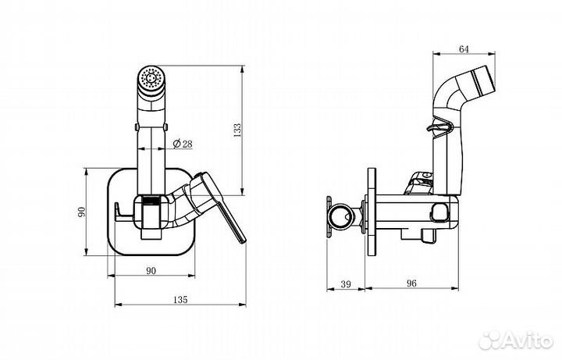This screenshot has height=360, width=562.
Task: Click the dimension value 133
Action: coord(237,130)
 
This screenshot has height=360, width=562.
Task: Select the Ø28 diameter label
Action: coord(183,144)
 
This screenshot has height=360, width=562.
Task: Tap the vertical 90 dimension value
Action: coord(82,212)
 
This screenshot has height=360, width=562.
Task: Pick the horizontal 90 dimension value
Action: coord(151,271)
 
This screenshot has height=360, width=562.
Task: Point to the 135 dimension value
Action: coord(180,300)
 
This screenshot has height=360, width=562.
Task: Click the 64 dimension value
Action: coord(464,49)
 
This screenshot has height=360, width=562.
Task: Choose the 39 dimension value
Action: coord(346,284)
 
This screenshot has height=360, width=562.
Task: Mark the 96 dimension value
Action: coord(412,283)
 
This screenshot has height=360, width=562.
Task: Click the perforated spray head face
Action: coord(151,78)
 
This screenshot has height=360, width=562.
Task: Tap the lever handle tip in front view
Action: coord(243,241)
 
